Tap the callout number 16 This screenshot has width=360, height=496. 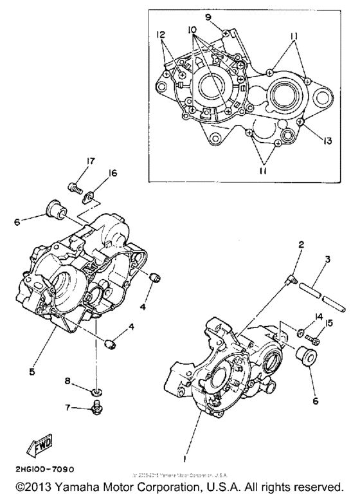pyautogui.click(x=94, y=172)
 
